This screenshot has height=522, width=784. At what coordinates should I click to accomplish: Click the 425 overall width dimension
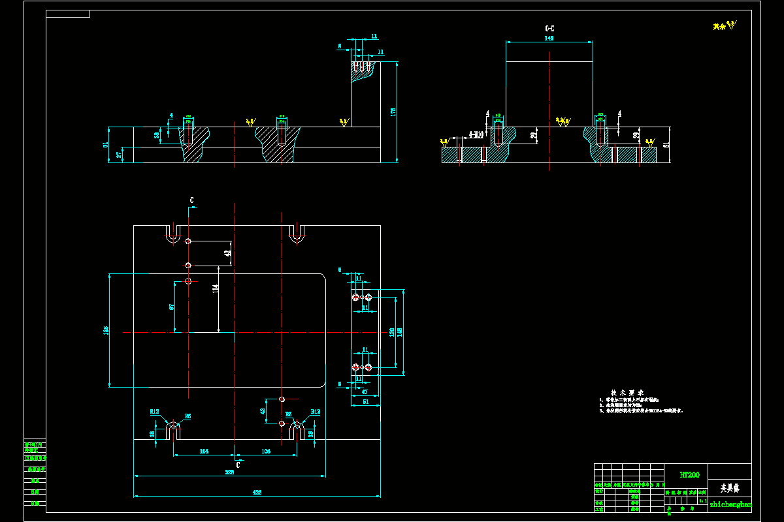(x=257, y=493)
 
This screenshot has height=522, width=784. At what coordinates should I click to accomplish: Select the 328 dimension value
(x=229, y=472)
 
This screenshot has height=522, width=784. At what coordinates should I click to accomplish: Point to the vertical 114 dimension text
(x=215, y=288)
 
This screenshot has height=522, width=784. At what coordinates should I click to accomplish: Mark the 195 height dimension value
(x=106, y=331)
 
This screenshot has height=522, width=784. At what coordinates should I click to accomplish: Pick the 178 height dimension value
(x=393, y=112)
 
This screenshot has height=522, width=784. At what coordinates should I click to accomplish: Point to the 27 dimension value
(x=119, y=155)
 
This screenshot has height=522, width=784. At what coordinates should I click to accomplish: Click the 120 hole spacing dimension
(x=392, y=332)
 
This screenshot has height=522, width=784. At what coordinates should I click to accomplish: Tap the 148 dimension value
(x=400, y=332)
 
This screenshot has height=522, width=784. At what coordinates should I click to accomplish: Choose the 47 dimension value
(x=365, y=392)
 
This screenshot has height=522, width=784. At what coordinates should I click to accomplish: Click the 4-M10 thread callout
(x=476, y=135)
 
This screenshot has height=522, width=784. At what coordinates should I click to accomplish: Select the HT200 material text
(x=689, y=475)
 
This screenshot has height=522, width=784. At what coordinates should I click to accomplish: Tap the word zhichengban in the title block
(x=730, y=504)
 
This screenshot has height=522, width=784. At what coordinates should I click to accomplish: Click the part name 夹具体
(x=729, y=487)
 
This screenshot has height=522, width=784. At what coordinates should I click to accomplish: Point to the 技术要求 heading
(x=618, y=392)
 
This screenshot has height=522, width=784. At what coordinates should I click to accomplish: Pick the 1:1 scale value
(x=702, y=500)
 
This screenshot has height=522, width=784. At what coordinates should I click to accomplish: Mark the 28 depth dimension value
(x=157, y=135)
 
